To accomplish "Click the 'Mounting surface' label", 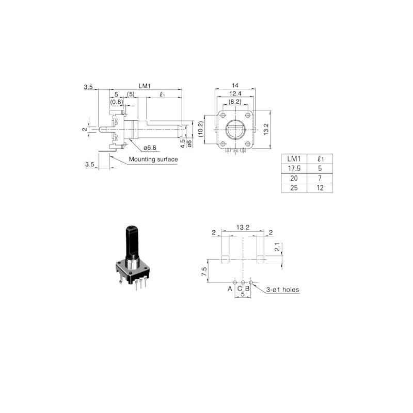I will click(153, 160).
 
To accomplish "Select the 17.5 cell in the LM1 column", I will click(293, 168).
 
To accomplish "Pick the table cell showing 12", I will click(321, 188).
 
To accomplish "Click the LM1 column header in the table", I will click(293, 158).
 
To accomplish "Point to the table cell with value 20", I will click(293, 178).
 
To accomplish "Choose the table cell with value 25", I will click(293, 188).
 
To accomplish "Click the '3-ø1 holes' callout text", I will click(283, 290).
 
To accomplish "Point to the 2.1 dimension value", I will click(277, 247).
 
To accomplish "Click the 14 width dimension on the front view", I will click(235, 85).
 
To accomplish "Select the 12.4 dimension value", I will click(235, 93).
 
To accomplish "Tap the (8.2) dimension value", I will click(235, 102).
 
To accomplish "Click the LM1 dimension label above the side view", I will click(145, 86).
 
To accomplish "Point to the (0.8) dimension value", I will click(117, 102).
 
